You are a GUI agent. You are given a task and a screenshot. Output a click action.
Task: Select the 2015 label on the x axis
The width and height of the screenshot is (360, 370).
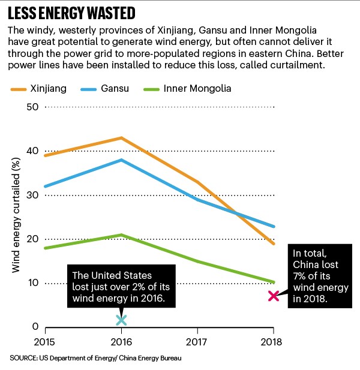(x=45, y=342)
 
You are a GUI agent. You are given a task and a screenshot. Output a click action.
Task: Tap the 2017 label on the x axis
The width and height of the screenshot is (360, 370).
(x=197, y=342)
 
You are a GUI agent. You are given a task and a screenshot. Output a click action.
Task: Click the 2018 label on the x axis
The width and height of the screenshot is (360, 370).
(x=273, y=342)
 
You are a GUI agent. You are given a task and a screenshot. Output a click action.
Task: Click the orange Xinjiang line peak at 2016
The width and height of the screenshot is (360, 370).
(x=121, y=138)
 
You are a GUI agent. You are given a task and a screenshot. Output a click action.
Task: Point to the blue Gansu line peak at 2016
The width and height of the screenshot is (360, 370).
(x=121, y=160)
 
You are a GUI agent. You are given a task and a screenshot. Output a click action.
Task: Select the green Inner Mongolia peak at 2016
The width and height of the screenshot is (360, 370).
(x=121, y=234)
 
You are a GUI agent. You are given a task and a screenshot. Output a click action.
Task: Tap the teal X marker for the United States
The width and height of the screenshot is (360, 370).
(x=121, y=320)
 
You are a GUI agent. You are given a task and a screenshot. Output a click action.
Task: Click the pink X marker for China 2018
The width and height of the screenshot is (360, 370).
(x=274, y=296)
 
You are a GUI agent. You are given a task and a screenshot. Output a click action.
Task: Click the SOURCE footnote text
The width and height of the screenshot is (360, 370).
(x=95, y=359)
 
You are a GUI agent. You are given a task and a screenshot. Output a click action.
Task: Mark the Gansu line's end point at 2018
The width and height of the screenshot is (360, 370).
(x=274, y=226)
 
